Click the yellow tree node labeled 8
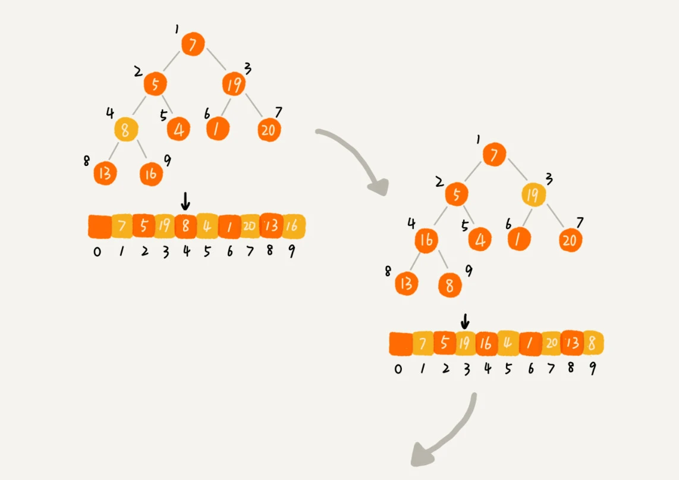125,130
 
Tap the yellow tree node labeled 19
533,194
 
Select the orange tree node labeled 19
234,84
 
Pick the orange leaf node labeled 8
450,286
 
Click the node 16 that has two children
427,240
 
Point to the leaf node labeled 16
151,174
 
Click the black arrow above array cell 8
186,203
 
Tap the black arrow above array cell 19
464,321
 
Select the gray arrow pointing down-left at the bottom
443,434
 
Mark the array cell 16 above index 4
486,344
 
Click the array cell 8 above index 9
592,343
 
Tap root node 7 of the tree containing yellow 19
494,155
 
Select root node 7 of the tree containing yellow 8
193,44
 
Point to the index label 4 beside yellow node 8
110,112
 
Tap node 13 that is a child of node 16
407,284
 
